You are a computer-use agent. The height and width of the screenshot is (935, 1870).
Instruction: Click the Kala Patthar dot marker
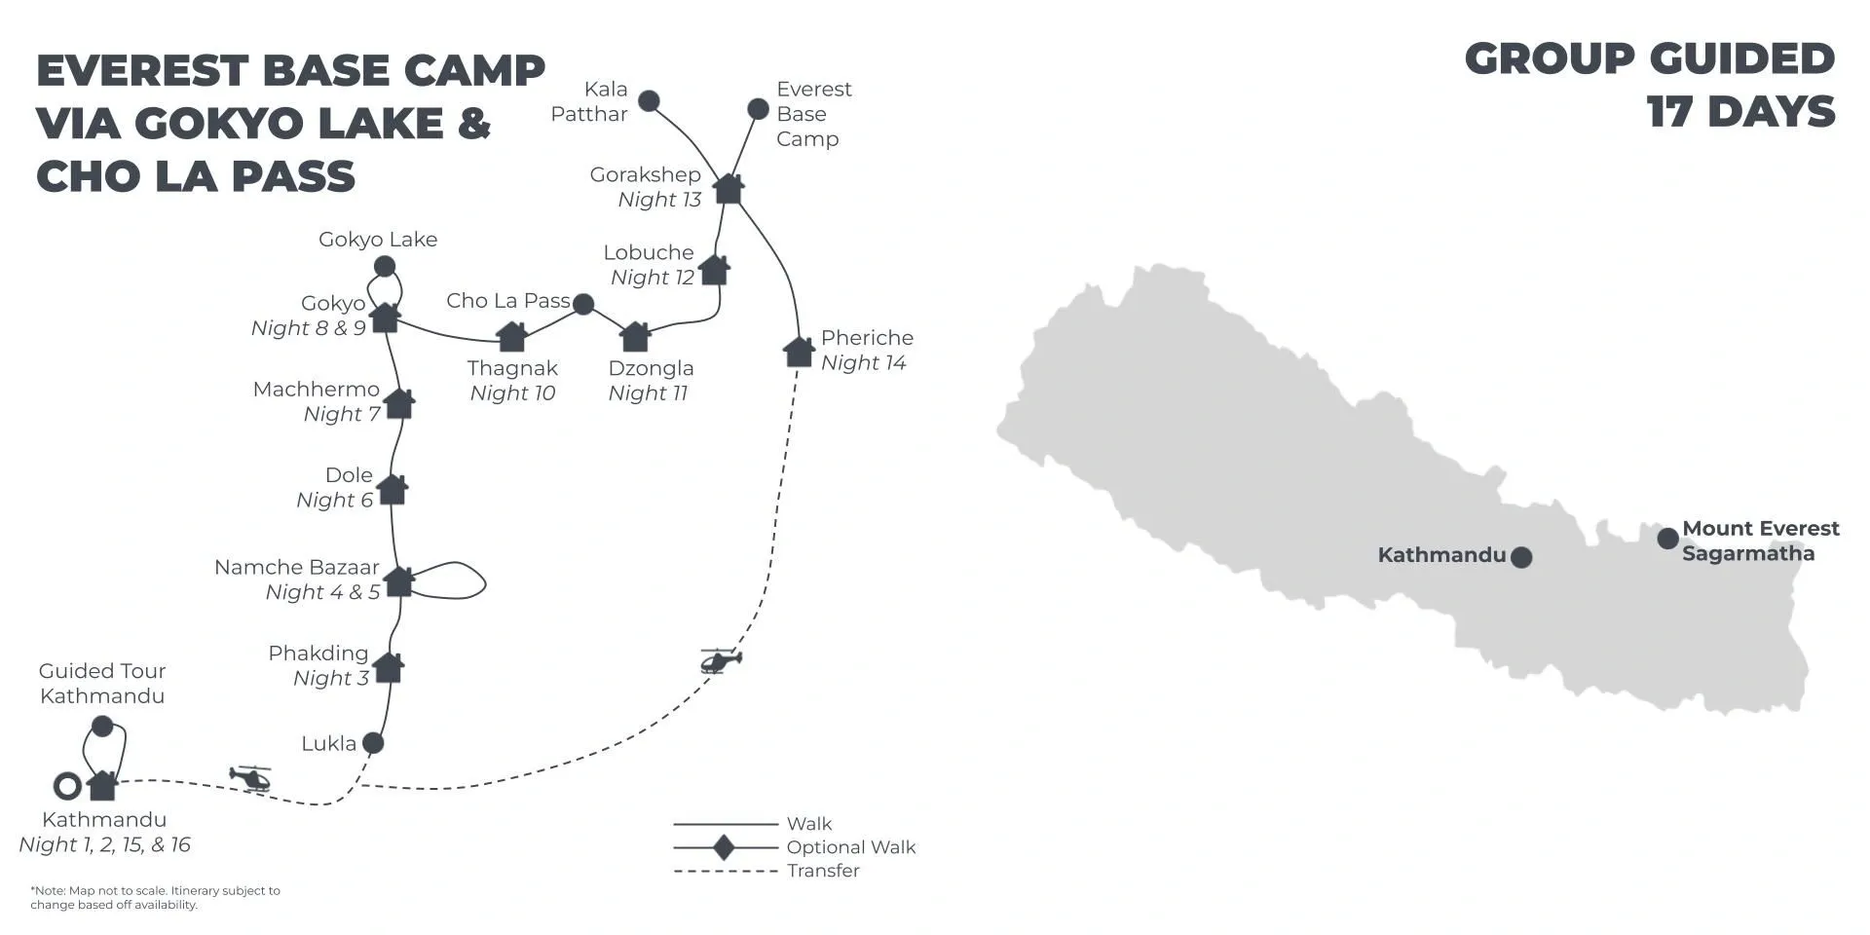click(x=649, y=101)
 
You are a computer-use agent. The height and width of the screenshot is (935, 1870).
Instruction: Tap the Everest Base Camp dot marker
click(x=758, y=109)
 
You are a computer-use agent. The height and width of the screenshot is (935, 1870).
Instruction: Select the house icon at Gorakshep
click(x=729, y=188)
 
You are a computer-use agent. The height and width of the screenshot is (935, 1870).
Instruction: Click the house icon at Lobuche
click(x=714, y=270)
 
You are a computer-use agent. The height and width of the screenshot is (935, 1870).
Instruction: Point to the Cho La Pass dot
click(x=583, y=305)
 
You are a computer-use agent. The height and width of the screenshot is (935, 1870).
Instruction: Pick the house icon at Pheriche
click(x=799, y=352)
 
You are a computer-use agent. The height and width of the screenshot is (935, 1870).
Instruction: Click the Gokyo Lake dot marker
click(x=385, y=266)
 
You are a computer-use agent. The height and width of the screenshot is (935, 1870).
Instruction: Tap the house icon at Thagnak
click(x=512, y=336)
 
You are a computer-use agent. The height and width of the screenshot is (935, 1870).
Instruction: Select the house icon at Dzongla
click(x=635, y=336)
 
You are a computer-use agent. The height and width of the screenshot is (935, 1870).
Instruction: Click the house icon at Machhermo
click(x=399, y=403)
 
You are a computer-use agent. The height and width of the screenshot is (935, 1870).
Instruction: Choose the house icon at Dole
click(x=393, y=489)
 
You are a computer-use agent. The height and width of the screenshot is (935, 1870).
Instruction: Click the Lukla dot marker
click(x=372, y=743)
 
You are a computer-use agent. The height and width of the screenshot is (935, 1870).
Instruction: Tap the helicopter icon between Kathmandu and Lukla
click(x=250, y=778)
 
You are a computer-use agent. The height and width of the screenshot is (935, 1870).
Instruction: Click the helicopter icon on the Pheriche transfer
click(x=721, y=660)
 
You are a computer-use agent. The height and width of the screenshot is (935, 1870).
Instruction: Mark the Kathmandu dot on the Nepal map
click(x=1520, y=557)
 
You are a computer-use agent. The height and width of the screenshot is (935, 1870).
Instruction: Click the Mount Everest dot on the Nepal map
click(x=1667, y=538)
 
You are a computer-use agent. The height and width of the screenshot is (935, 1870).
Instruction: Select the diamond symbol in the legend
click(x=724, y=847)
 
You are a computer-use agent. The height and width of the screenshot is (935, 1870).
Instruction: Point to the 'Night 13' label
click(x=659, y=200)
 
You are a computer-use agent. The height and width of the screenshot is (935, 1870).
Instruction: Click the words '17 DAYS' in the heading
click(x=1741, y=112)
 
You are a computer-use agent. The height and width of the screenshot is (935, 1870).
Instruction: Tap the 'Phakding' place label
click(x=318, y=654)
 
